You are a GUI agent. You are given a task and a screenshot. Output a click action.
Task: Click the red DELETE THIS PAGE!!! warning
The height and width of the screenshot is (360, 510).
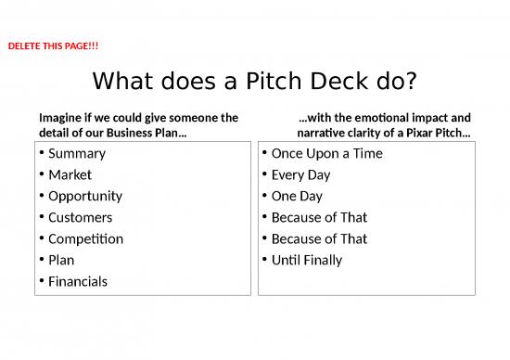point(53,45)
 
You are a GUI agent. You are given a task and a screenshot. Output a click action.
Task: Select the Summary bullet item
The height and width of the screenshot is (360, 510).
point(77,153)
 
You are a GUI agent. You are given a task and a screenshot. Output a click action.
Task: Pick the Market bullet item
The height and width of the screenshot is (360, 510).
point(70,174)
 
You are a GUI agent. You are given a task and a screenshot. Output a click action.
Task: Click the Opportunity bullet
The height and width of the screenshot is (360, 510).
point(85,196)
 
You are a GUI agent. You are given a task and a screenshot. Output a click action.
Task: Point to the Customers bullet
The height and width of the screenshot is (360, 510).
point(81,217)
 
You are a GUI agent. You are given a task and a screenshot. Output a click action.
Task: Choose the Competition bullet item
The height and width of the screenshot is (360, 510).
point(85,238)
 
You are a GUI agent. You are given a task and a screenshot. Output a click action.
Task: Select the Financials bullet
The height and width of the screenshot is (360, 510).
point(78,281)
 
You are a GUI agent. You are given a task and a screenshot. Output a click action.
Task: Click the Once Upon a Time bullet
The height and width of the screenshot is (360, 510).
point(326,153)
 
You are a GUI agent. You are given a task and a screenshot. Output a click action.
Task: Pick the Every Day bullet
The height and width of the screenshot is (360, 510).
point(300,174)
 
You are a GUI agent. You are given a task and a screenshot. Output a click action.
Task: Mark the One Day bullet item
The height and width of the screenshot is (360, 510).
point(297,196)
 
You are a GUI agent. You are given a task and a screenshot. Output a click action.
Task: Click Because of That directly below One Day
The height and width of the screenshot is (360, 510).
point(319,217)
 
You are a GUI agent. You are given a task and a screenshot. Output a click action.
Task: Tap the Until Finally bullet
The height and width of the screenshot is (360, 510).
point(307,260)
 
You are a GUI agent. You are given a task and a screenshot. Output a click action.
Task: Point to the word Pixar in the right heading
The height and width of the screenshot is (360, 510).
point(416,135)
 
